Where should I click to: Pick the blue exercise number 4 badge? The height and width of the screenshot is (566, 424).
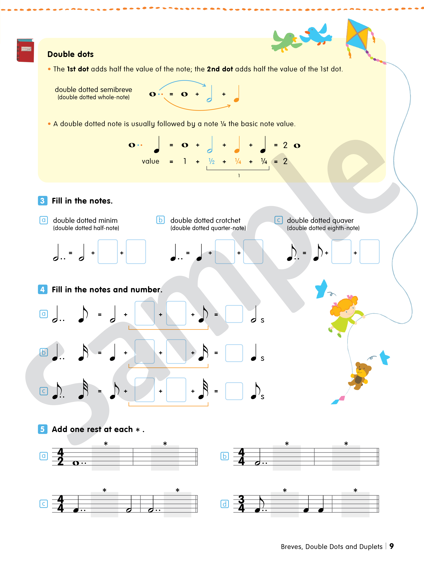[x=43, y=289]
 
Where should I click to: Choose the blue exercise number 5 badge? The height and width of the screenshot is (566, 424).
[x=43, y=429]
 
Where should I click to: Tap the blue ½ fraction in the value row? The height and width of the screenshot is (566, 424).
[x=211, y=161]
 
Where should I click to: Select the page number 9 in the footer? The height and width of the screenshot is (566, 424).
[x=392, y=546]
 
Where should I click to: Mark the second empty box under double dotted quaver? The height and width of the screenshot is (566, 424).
[x=369, y=251]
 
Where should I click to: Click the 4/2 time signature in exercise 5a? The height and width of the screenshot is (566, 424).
[x=60, y=457]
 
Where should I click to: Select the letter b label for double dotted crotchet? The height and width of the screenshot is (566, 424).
[x=160, y=220]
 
